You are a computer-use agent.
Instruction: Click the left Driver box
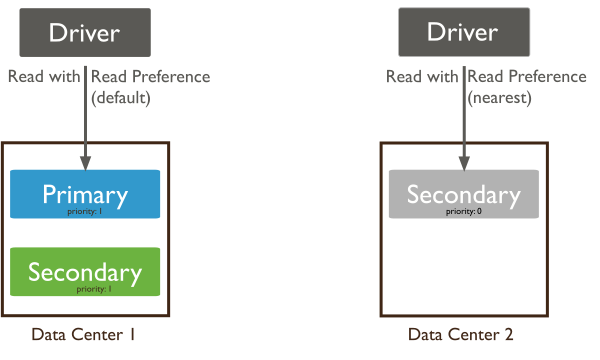(85, 33)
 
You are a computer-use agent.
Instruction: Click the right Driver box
(463, 33)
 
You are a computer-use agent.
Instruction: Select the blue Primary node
(85, 194)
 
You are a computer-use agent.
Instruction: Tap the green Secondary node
(85, 272)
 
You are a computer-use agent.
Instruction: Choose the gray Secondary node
(463, 194)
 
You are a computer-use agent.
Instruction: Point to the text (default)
(120, 99)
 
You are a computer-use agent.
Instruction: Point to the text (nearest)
(498, 99)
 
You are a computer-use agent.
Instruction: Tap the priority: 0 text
(463, 211)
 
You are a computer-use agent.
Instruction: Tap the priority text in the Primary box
(85, 211)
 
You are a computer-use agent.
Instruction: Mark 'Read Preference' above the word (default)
(150, 77)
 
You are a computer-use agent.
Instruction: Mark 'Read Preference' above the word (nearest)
(528, 77)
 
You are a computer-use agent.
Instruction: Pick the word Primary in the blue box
(85, 193)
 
